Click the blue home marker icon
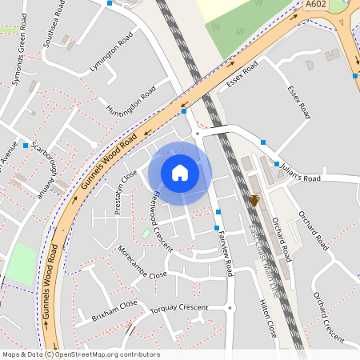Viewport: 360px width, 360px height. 180,173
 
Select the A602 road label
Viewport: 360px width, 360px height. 316,5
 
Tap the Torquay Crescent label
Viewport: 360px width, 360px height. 182,308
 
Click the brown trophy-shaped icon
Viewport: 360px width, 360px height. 254,200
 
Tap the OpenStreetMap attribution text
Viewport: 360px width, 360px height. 81,354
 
